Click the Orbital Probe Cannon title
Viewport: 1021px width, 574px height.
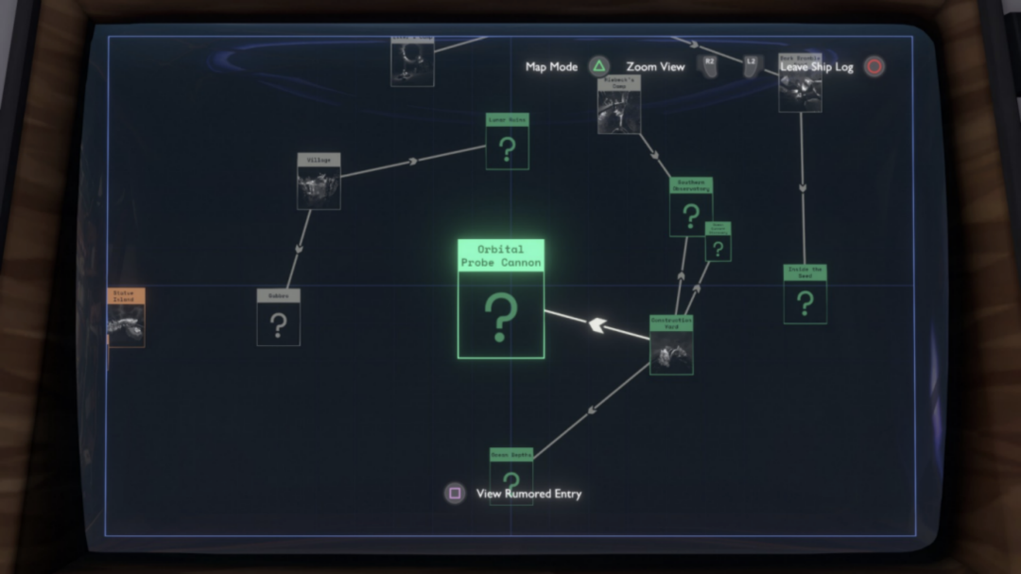[x=501, y=256]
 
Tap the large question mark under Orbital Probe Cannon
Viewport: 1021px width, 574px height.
[x=501, y=316]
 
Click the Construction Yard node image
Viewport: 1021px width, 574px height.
[x=671, y=353]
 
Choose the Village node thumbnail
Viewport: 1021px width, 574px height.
[x=319, y=188]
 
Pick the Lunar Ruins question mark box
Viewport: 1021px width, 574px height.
[x=508, y=148]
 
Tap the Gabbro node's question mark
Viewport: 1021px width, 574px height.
[x=278, y=324]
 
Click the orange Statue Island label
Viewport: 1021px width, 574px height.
[x=125, y=296]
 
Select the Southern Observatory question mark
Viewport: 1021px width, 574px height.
[x=691, y=215]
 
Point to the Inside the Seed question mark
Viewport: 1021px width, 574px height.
[x=805, y=303]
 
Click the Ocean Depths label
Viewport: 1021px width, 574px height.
[x=511, y=455]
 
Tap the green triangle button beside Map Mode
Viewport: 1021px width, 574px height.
[x=598, y=67]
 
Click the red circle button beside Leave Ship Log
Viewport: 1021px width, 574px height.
[x=874, y=67]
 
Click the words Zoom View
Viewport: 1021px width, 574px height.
[x=655, y=67]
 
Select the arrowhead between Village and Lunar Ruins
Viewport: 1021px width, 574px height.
[x=412, y=162]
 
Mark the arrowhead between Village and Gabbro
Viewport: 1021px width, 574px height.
[x=299, y=248]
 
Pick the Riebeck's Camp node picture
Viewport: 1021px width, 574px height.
[x=619, y=112]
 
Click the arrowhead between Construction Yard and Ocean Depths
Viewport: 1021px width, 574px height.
[x=593, y=410]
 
